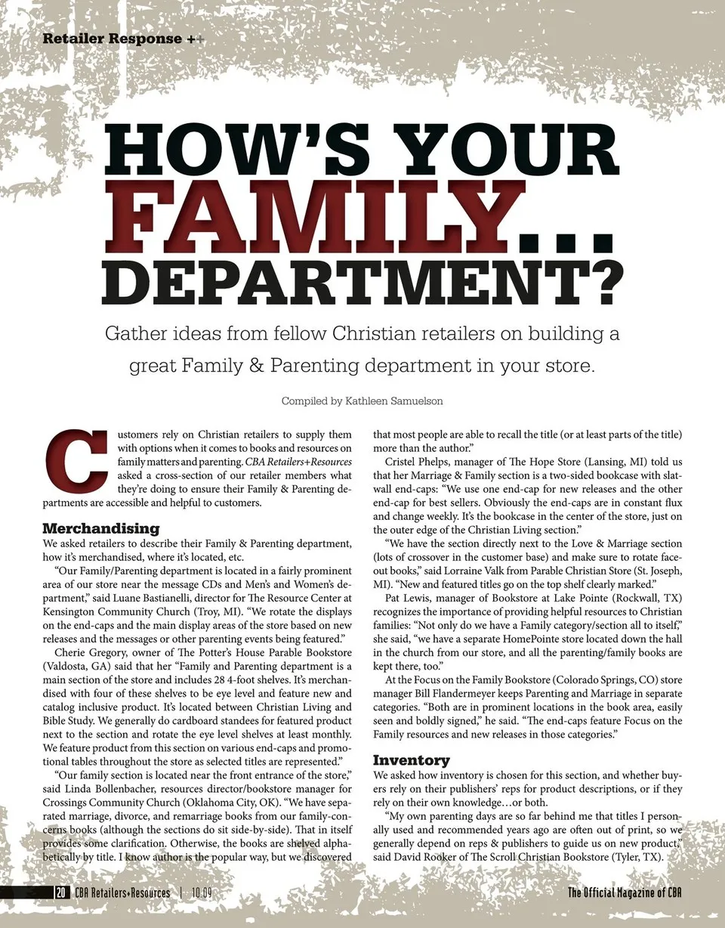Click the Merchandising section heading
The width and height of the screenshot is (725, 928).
(101, 527)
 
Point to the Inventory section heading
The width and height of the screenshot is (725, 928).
(412, 759)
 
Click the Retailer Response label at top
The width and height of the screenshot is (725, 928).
(113, 39)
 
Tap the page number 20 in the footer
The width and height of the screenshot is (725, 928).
(60, 892)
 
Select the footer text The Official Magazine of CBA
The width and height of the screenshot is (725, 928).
(625, 892)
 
